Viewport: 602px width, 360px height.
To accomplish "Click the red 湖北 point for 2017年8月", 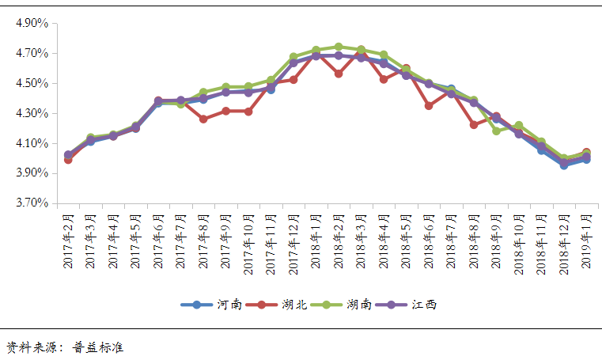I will (x=203, y=119).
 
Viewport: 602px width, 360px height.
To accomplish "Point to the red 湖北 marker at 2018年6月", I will (x=429, y=105).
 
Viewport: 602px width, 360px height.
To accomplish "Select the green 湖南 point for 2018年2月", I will (x=339, y=47).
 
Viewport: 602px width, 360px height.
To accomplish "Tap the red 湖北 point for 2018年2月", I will (x=339, y=74).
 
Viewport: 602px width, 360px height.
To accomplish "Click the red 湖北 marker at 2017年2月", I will (x=68, y=160).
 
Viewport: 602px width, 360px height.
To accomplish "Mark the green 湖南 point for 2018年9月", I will (x=496, y=131).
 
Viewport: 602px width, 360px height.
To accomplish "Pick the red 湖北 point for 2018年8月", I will (x=474, y=124).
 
